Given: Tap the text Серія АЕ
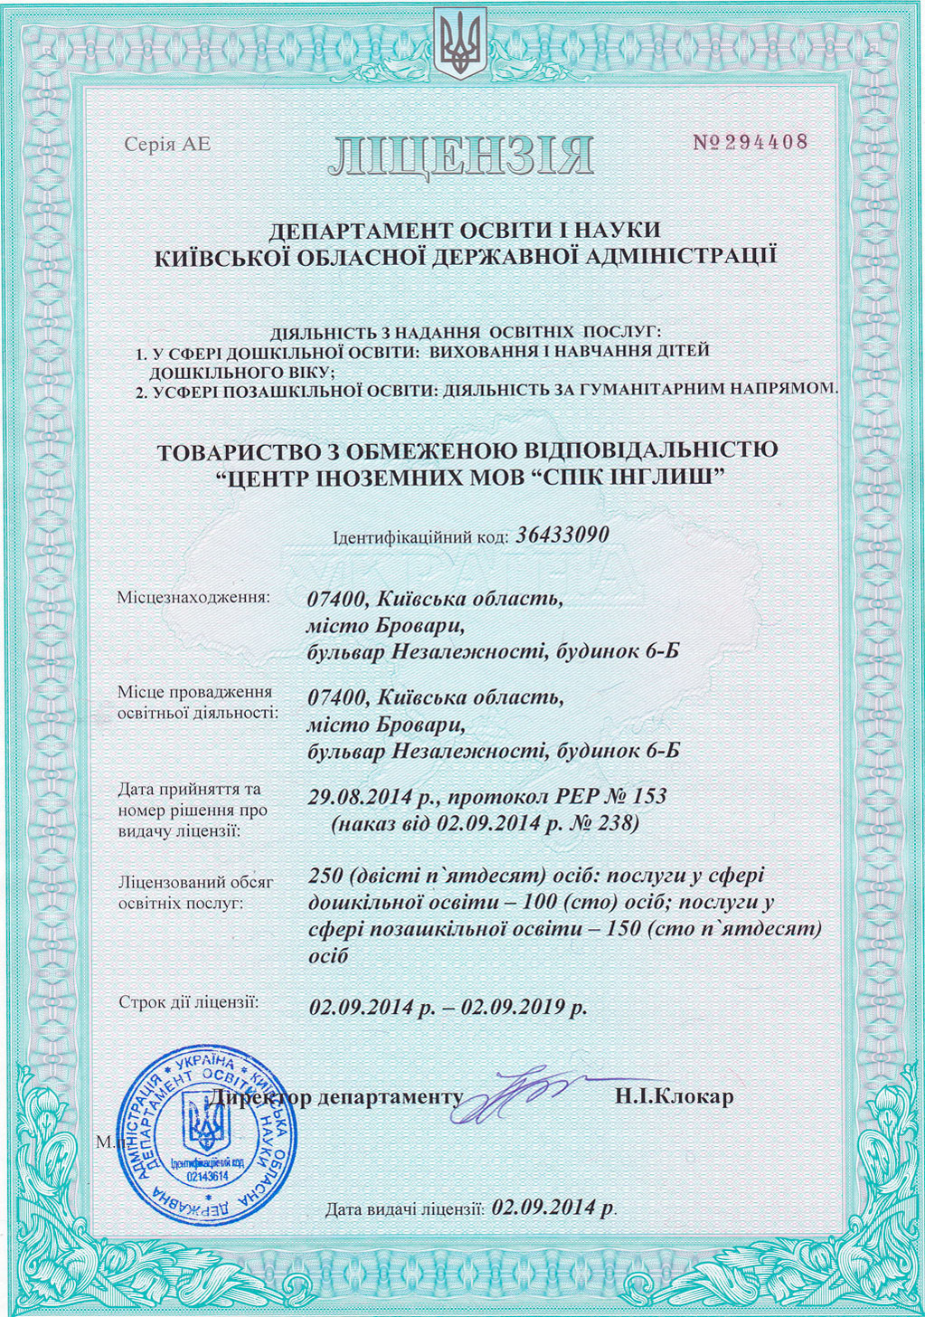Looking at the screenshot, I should pos(167,144).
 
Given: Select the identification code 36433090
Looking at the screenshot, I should pos(562,535).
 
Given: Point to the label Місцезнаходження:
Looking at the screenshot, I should pos(193,597).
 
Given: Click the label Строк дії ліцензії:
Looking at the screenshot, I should pos(189,1002).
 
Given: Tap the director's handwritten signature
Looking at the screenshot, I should pos(506,1094).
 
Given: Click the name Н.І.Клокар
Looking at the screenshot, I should pos(675,1097).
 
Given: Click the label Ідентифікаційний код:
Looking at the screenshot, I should pos(421,537).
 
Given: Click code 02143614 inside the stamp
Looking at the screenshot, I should pos(207,1176).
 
